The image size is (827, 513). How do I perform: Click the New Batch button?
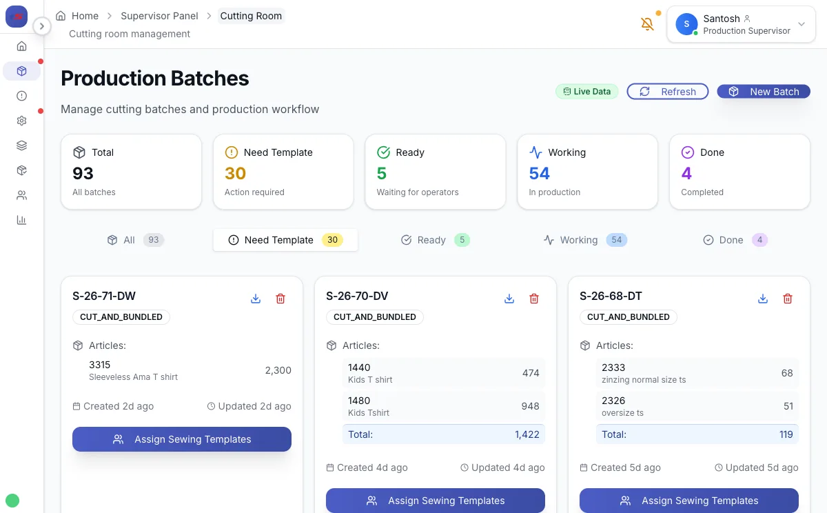[x=764, y=91]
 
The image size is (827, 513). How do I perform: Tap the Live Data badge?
[x=587, y=91]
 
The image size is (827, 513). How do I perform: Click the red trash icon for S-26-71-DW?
[x=280, y=299]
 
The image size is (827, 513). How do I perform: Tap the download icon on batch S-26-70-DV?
[x=509, y=299]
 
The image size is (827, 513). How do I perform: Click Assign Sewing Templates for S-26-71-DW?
[x=182, y=439]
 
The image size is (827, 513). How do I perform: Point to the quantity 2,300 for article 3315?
[x=278, y=370]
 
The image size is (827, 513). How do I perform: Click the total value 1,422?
[x=527, y=434]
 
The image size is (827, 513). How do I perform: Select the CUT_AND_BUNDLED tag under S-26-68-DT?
[x=628, y=317]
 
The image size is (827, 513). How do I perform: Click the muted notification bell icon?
[x=647, y=24]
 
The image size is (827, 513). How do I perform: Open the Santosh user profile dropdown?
[x=741, y=24]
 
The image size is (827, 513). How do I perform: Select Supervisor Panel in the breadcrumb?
[x=159, y=15]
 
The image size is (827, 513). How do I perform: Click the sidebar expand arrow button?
[x=42, y=26]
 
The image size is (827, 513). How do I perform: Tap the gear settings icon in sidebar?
[x=21, y=121]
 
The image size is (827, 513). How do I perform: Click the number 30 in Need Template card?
[x=235, y=173]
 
